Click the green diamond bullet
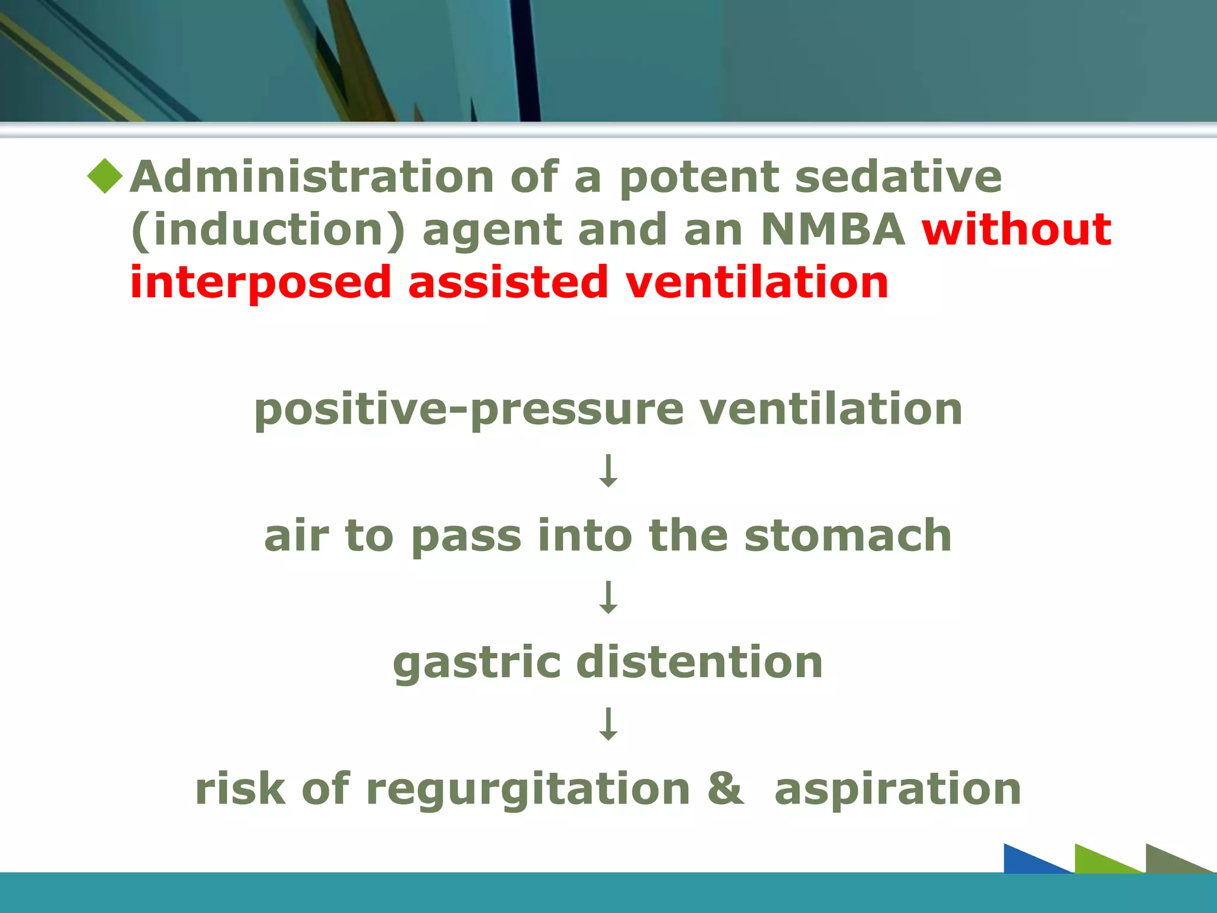pos(105,177)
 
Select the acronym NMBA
pos(833,229)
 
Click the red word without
pos(1016,229)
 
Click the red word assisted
pos(508,282)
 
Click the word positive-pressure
pos(469,410)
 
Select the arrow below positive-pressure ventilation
pos(608,471)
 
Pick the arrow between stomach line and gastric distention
pos(608,597)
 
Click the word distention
pos(699,662)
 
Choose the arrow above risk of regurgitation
pos(608,723)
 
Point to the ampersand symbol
pos(726,789)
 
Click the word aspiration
pos(897,789)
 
